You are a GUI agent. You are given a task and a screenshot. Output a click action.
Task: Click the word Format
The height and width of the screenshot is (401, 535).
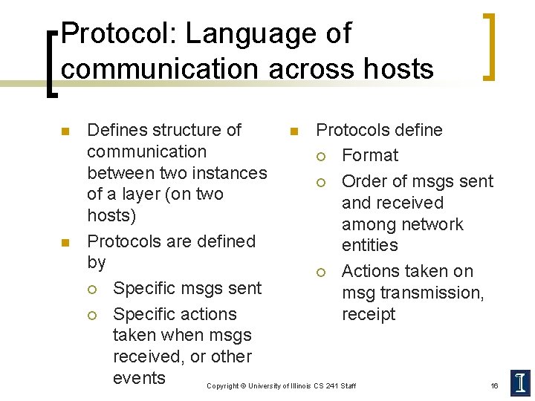click(x=370, y=156)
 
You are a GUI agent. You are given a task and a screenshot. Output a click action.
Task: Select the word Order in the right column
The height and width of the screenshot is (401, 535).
click(x=363, y=181)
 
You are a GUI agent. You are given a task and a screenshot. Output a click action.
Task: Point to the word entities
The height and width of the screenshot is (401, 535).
click(x=370, y=245)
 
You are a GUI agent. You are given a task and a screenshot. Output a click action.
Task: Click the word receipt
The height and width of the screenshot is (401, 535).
click(x=369, y=314)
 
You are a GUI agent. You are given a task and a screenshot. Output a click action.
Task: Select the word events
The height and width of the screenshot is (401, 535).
click(x=139, y=378)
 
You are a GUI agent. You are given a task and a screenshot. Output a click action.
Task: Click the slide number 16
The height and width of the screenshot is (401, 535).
click(x=494, y=386)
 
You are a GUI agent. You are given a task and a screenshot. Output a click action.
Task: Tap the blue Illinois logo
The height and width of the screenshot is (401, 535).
click(x=520, y=382)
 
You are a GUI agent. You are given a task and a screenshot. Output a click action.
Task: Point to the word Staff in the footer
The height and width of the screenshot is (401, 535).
click(x=347, y=386)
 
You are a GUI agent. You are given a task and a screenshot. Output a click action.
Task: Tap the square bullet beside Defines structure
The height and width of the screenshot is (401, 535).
click(x=64, y=131)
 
